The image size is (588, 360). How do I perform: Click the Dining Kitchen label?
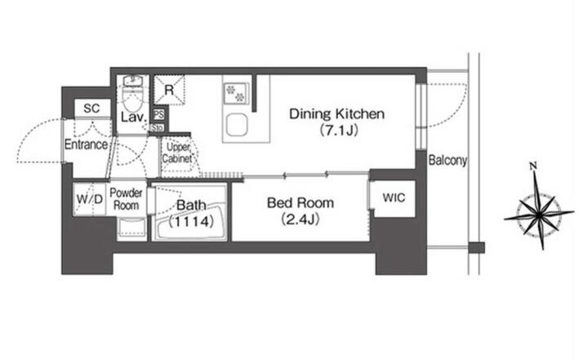click(x=336, y=113)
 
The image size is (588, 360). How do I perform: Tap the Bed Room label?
click(x=301, y=203)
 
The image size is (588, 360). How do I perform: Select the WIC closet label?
click(x=394, y=198)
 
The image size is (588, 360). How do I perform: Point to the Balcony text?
click(x=448, y=160)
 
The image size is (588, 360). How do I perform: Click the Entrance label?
click(x=86, y=144)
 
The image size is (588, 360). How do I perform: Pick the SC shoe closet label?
click(x=91, y=109)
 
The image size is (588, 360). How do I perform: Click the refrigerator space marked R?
click(x=170, y=90)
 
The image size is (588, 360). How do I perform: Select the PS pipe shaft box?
click(x=159, y=114)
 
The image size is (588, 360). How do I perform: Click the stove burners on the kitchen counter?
click(x=234, y=93)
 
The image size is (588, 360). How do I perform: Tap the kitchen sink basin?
click(x=236, y=125)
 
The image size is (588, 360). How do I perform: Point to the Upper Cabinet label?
click(x=177, y=153)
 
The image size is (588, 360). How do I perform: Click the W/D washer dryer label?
click(x=90, y=199)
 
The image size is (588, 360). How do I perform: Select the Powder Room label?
click(x=126, y=199)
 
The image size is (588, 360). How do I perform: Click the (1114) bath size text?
click(x=191, y=221)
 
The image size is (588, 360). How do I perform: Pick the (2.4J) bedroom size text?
click(x=300, y=220)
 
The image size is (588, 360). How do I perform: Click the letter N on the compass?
click(x=532, y=166)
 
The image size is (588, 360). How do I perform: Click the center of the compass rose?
click(x=539, y=214)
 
